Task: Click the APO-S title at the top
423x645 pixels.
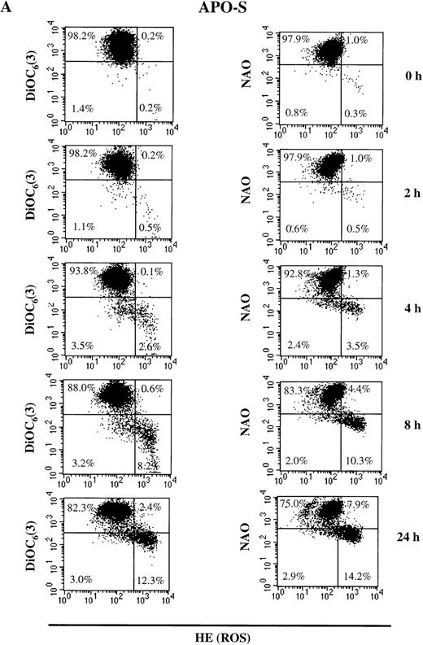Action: coord(212,9)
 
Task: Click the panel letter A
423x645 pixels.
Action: coord(9,9)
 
